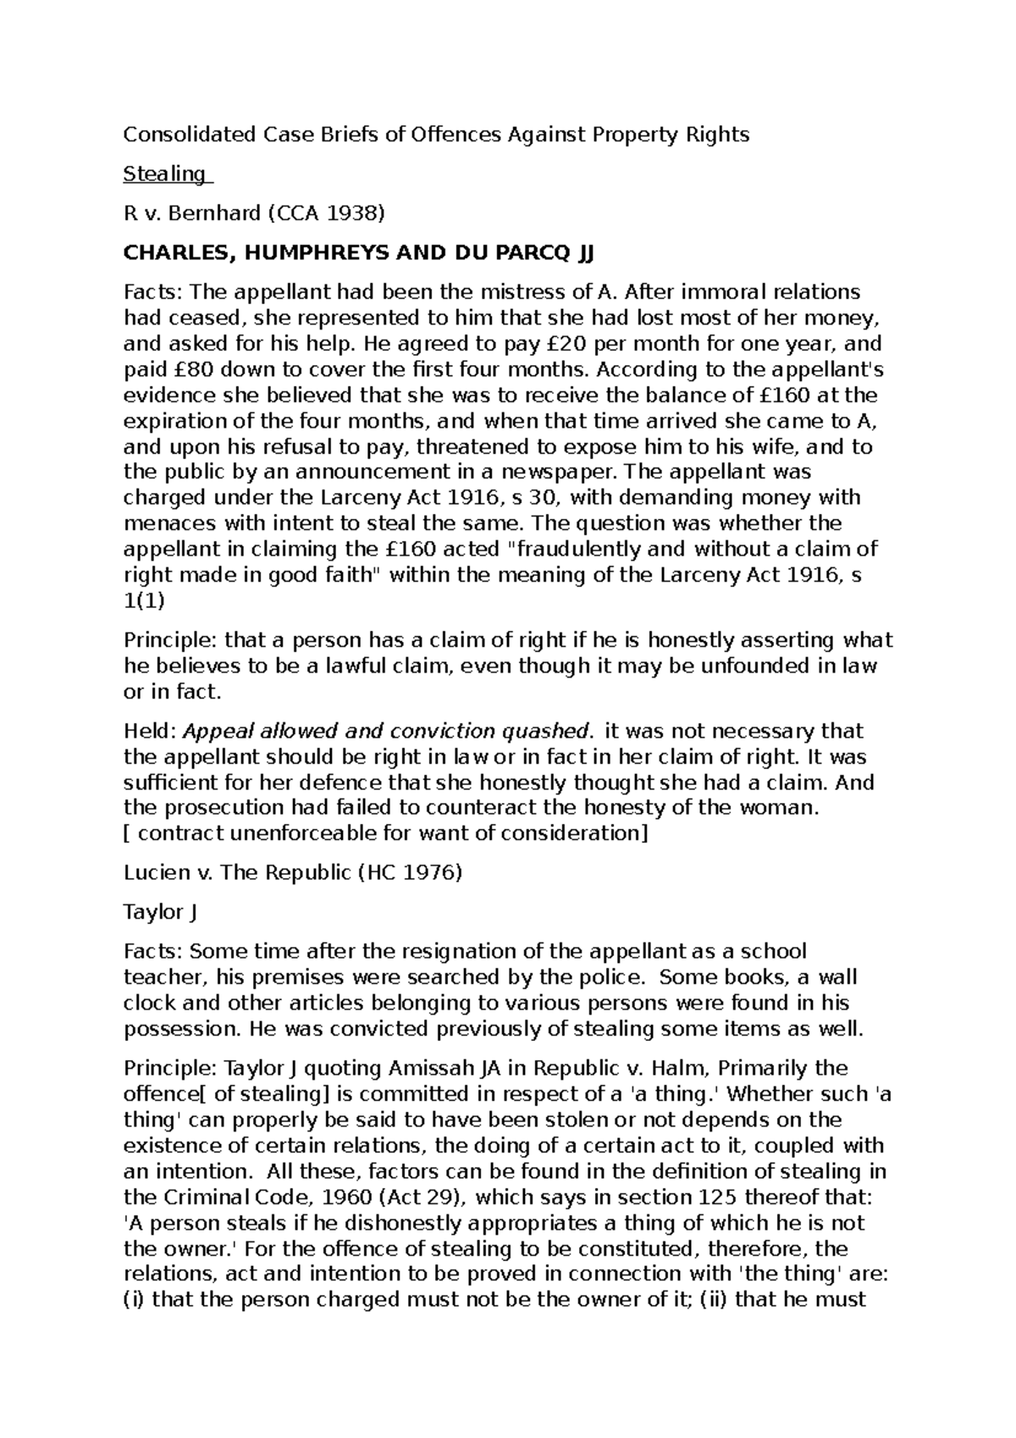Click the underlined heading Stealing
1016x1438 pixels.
164,174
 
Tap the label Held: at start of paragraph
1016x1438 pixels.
150,731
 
